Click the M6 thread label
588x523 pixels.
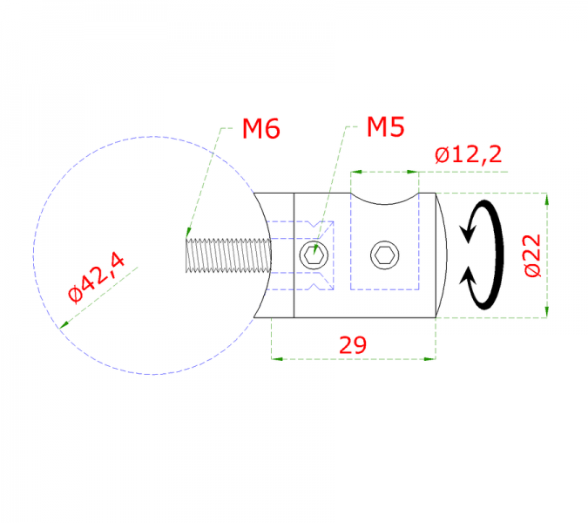pos(260,130)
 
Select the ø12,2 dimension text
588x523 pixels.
pos(468,155)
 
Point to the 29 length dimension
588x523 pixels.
pos(353,345)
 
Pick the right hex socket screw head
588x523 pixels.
pos(384,255)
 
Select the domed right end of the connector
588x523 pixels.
pos(442,256)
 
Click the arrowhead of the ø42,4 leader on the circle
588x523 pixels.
pos(62,326)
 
